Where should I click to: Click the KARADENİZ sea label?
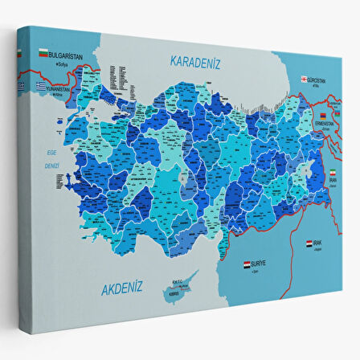[194, 62]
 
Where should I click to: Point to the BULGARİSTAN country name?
[67, 55]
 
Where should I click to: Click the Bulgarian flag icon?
[43, 54]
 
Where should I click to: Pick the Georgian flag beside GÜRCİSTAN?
[305, 80]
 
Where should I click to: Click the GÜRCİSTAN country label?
[317, 80]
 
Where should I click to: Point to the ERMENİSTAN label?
[325, 123]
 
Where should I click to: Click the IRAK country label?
[320, 242]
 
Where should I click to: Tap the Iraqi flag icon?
[309, 242]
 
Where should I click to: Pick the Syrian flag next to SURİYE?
[247, 264]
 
